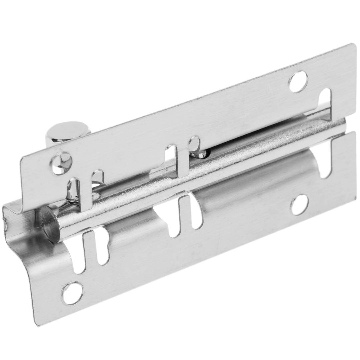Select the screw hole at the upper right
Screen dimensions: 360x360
point(298,82)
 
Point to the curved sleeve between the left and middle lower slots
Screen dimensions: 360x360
point(133,233)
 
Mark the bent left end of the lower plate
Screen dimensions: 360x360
point(20,233)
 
